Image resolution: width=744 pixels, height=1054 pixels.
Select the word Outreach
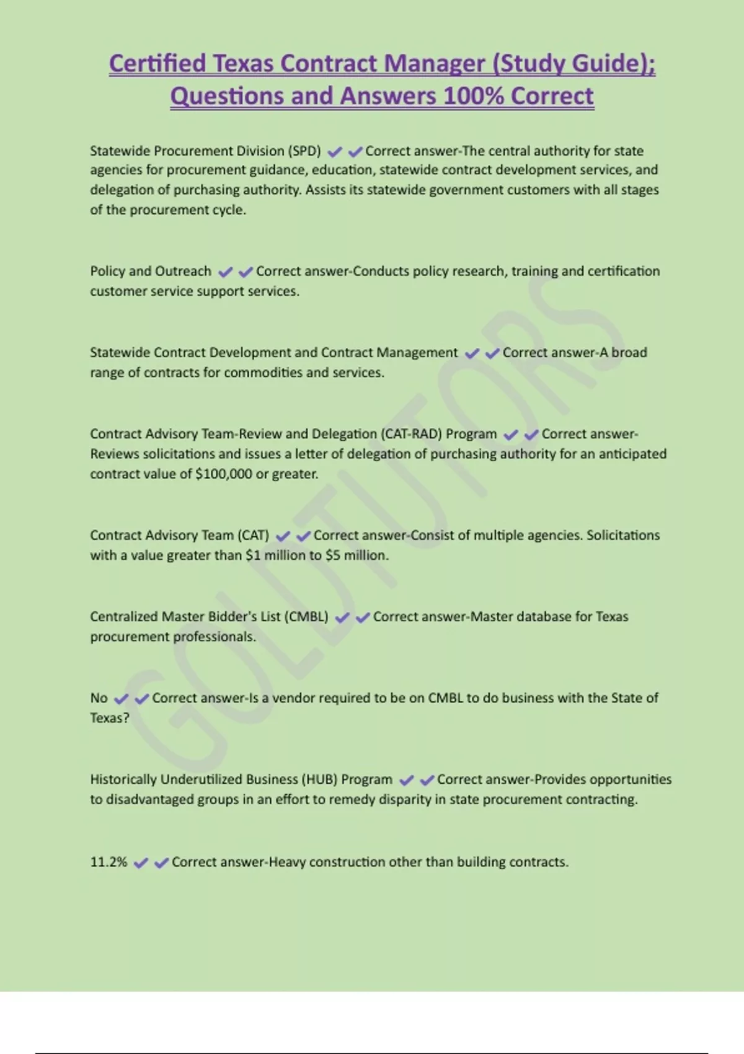[x=183, y=271]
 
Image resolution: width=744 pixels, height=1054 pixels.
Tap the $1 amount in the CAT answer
[x=253, y=556]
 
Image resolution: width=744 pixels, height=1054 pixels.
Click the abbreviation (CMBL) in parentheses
[x=306, y=617]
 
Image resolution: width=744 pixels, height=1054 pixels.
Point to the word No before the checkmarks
[x=99, y=698]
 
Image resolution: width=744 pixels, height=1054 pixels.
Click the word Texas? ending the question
[x=110, y=718]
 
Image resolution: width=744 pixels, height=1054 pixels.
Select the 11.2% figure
[x=108, y=862]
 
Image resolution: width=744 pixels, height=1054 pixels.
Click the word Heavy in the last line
[x=288, y=862]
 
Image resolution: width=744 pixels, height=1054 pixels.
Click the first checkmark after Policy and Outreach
[x=226, y=272]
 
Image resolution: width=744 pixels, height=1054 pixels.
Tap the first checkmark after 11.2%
[x=141, y=863]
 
